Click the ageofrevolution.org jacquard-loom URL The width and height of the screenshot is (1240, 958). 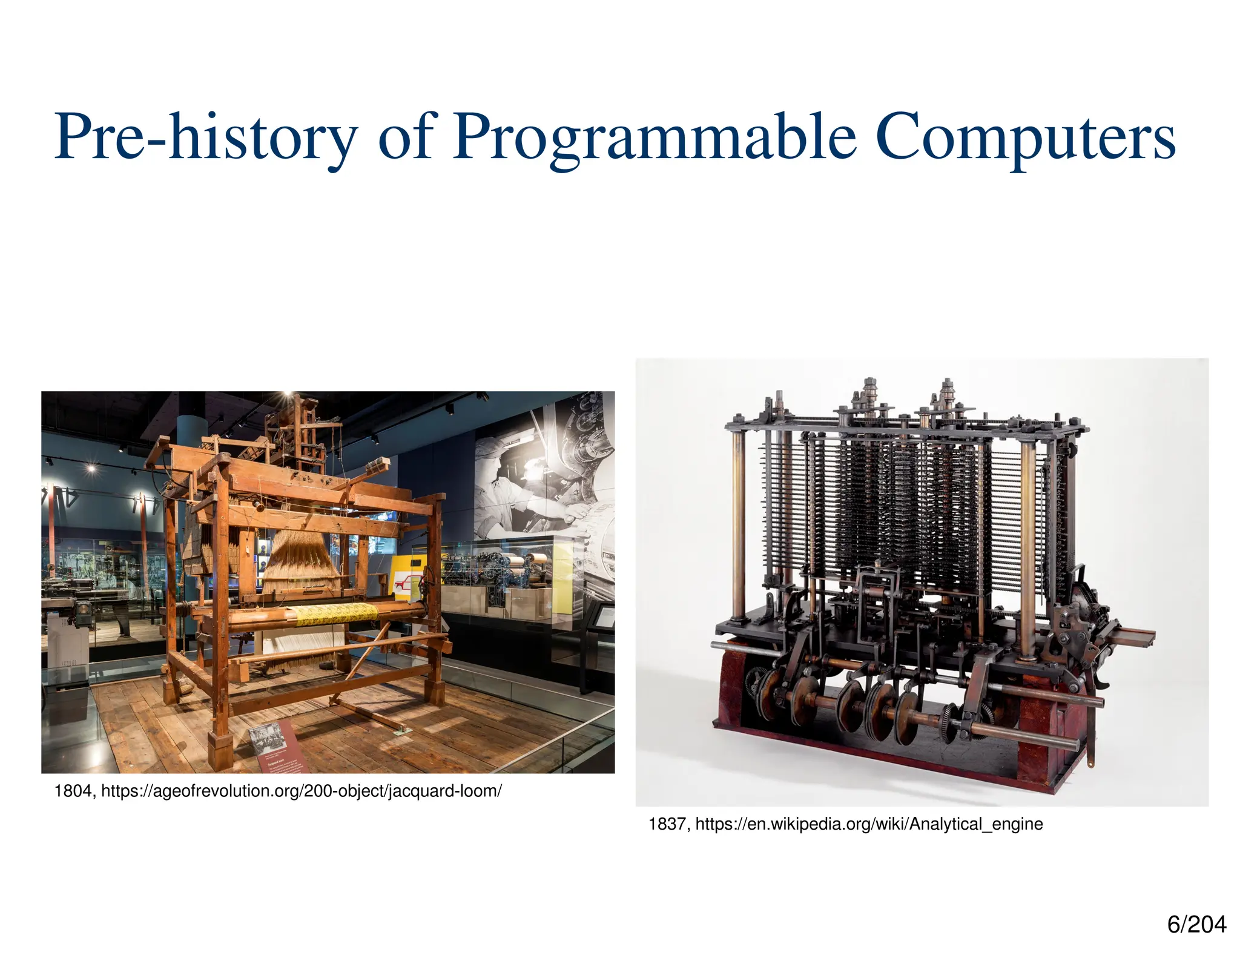(x=301, y=791)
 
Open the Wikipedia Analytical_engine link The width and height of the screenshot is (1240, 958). (x=869, y=824)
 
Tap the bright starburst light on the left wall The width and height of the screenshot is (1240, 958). (x=91, y=467)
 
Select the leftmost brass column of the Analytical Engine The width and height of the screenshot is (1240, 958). (x=737, y=527)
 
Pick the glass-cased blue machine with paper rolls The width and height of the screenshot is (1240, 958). (x=506, y=572)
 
